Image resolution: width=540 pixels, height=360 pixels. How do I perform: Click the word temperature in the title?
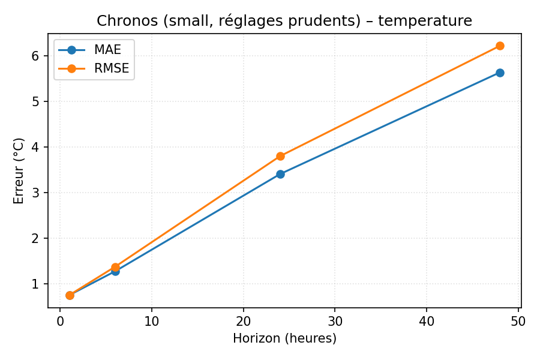point(425,21)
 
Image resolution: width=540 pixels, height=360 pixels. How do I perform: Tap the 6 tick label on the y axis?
point(35,56)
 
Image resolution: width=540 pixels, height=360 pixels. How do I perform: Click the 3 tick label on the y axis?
point(35,193)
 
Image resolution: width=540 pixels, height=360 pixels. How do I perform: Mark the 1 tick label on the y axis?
point(35,284)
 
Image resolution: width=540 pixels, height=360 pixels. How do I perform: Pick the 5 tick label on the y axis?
point(35,101)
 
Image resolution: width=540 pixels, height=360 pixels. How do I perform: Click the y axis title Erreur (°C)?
point(19,170)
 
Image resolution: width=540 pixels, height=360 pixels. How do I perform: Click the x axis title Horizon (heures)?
point(284,338)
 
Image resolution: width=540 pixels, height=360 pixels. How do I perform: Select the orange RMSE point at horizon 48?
point(500,46)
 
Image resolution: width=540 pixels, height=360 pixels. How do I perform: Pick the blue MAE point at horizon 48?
point(500,73)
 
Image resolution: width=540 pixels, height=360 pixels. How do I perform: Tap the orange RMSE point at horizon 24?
point(280,156)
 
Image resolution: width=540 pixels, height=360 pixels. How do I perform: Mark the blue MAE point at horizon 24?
point(280,174)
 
